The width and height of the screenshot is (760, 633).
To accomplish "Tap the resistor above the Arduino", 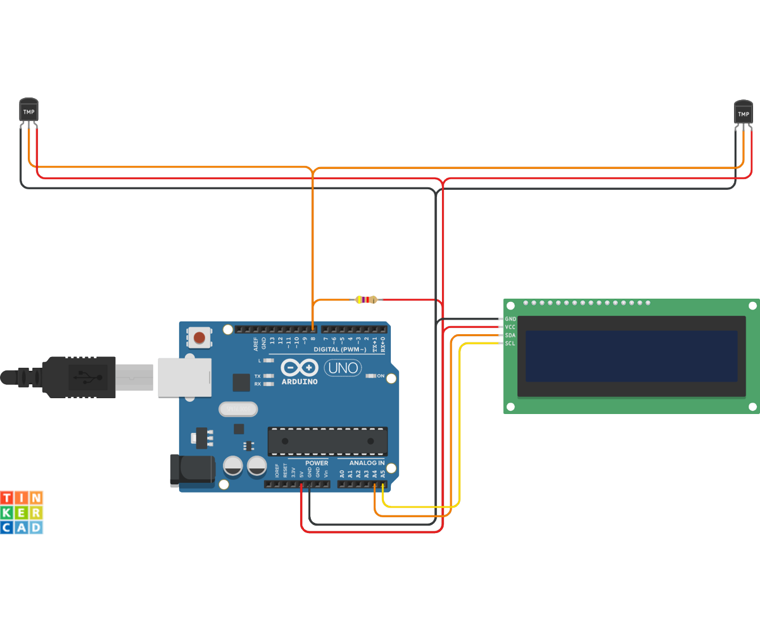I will click(x=366, y=299).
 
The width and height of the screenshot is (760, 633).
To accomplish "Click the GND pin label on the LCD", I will click(x=510, y=319).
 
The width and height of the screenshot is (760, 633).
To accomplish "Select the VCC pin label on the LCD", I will click(x=510, y=327).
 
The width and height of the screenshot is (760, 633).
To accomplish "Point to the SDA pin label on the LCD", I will click(x=510, y=335).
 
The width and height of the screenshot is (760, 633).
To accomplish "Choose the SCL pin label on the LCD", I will click(x=510, y=344).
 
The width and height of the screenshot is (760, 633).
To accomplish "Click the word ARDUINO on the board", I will click(x=300, y=382).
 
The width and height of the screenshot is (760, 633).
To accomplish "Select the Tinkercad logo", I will click(x=22, y=511).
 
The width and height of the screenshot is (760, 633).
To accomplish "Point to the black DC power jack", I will click(x=193, y=470).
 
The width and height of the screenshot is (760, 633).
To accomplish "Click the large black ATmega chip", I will click(x=327, y=441).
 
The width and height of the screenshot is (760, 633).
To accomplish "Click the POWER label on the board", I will click(x=317, y=463).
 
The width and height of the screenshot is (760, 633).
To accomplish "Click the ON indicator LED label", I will click(x=381, y=376).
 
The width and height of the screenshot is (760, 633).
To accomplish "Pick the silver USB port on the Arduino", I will click(x=183, y=378).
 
